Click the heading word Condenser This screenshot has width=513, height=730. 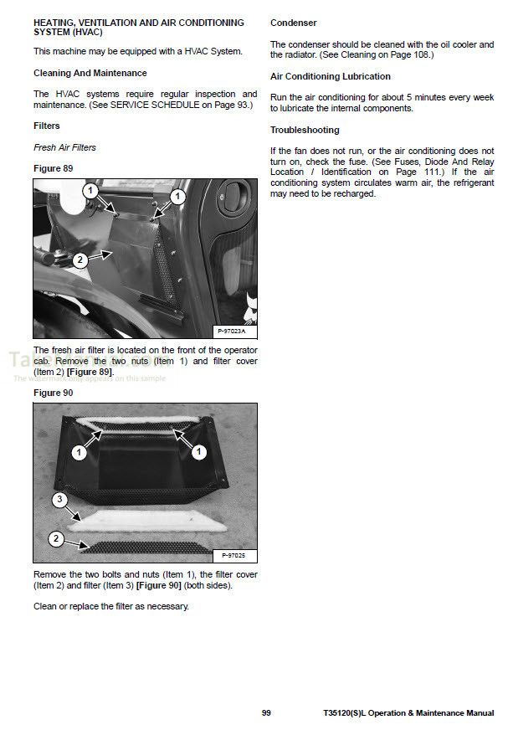point(293,23)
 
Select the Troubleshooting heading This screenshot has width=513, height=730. point(305,130)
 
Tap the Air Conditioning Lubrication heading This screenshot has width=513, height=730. point(330,76)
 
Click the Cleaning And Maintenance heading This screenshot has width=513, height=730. point(90,74)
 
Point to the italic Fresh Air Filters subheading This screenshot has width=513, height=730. point(64,147)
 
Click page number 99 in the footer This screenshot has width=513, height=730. point(266,713)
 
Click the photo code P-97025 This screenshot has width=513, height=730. point(233,554)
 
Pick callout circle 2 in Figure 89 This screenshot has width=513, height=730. point(80,260)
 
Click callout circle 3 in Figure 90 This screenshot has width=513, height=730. point(59,501)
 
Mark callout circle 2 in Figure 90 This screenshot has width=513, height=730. point(56,538)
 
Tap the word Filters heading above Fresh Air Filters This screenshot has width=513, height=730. point(46,126)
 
